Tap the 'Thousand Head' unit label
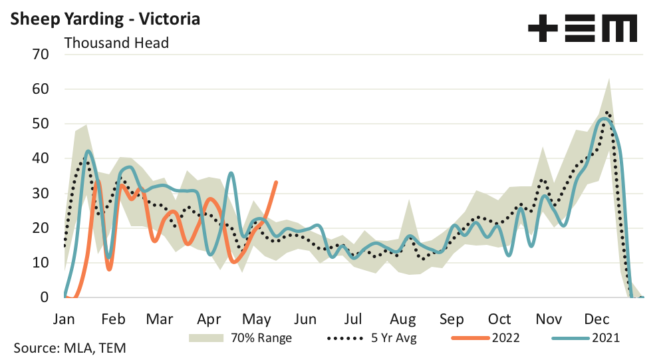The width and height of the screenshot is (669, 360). click(116, 43)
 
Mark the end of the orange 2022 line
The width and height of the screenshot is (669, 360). click(276, 182)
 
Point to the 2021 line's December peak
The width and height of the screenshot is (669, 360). click(604, 119)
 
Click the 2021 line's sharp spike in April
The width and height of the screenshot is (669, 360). click(231, 173)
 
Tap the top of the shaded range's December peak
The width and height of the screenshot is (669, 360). click(608, 79)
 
